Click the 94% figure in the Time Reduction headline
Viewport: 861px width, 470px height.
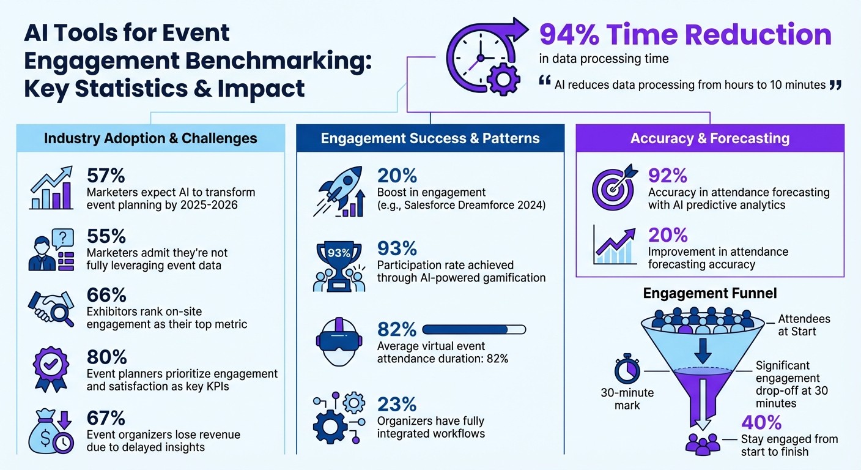pyautogui.click(x=569, y=35)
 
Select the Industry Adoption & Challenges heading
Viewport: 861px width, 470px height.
pyautogui.click(x=150, y=138)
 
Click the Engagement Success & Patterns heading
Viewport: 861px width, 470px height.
pyautogui.click(x=430, y=138)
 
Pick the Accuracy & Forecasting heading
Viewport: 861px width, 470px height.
pyautogui.click(x=709, y=138)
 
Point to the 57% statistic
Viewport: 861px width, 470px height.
pyautogui.click(x=106, y=176)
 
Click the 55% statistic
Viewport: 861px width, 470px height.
pyautogui.click(x=106, y=236)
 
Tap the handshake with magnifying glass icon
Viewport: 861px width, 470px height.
pyautogui.click(x=51, y=306)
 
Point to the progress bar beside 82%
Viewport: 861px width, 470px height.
pyautogui.click(x=473, y=330)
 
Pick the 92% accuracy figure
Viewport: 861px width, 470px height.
pyautogui.click(x=668, y=176)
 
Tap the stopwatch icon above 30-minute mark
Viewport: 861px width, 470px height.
pyautogui.click(x=627, y=369)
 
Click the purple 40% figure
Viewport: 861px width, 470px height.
pyautogui.click(x=761, y=423)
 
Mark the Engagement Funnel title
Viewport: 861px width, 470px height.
pyautogui.click(x=710, y=294)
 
